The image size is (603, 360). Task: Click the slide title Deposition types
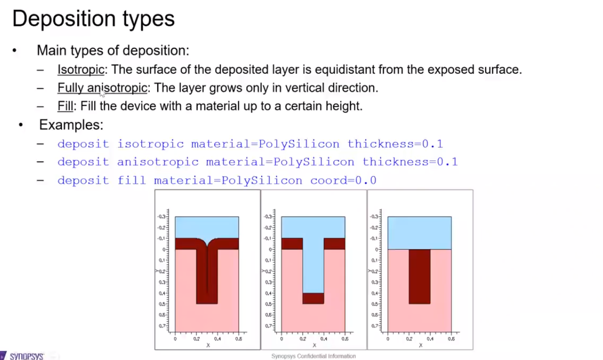pos(93,19)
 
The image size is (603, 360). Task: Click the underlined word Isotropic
pos(80,69)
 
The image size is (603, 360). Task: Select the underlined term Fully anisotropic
pos(102,88)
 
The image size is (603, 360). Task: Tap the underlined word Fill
pos(64,106)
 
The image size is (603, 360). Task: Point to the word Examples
pos(71,125)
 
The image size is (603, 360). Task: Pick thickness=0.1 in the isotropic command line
pos(395,144)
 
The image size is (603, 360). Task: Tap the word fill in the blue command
pos(132,180)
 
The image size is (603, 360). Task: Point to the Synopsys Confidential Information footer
pos(313,356)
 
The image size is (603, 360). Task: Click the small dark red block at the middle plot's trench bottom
pos(313,298)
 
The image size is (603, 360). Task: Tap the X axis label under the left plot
pos(208,345)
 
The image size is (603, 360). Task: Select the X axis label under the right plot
pos(420,345)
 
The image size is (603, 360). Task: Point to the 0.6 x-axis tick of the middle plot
pos(345,339)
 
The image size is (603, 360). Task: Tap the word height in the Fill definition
pos(348,106)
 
